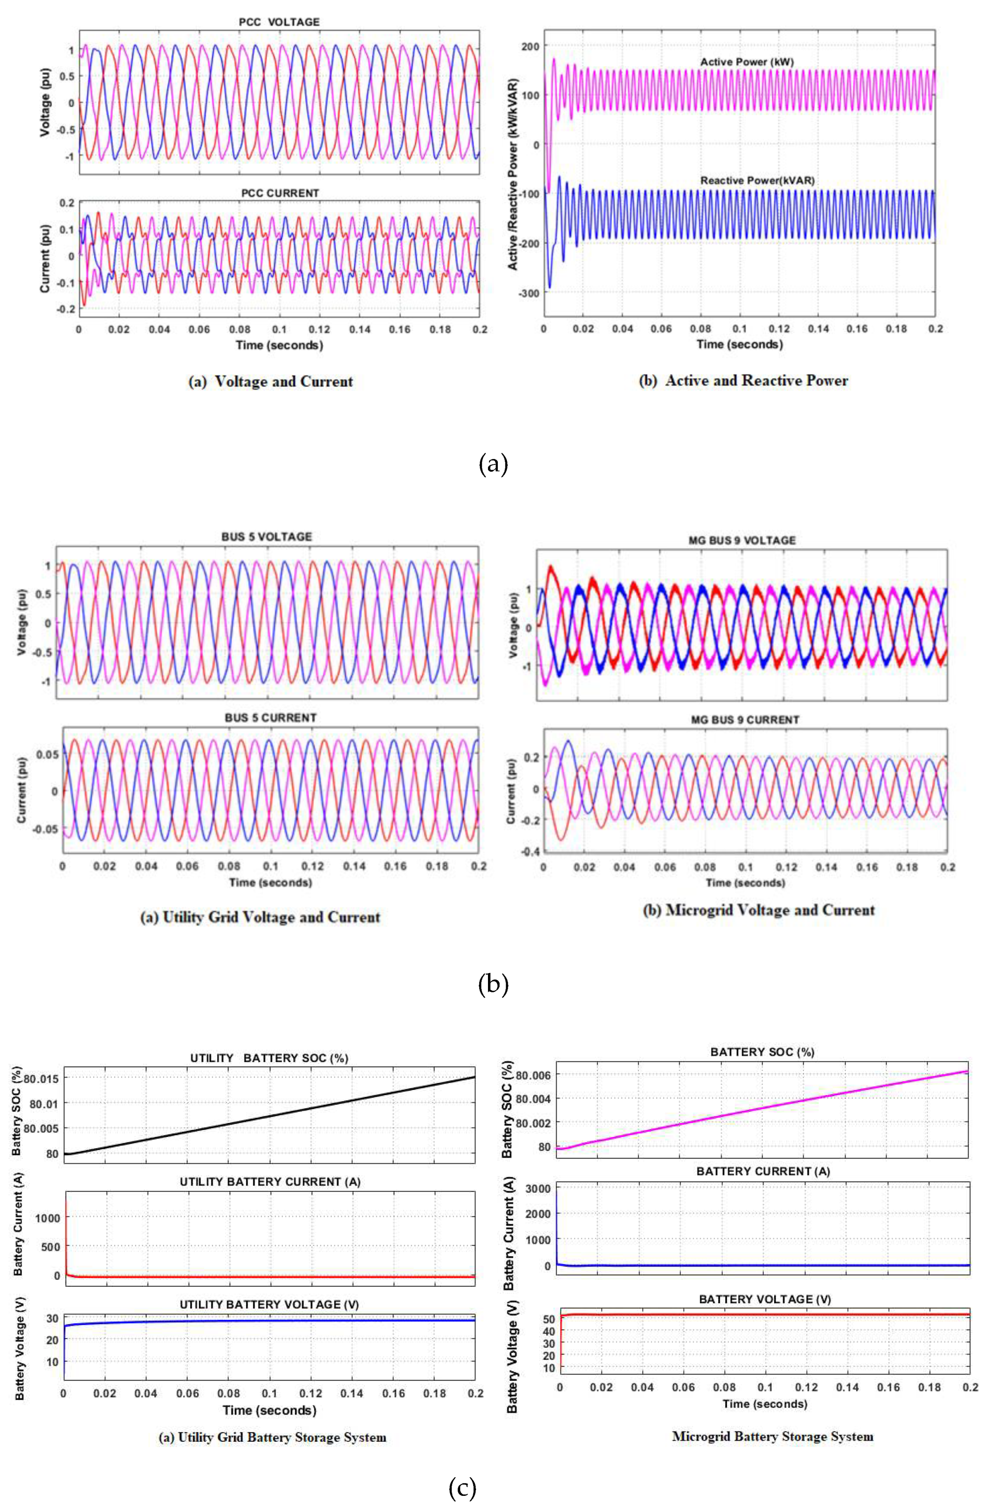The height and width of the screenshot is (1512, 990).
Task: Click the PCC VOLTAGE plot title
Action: point(279,22)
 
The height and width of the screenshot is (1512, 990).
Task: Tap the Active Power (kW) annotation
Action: point(746,62)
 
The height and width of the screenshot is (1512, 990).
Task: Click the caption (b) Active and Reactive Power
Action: point(743,380)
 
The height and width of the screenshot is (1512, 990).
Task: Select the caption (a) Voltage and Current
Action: point(271,382)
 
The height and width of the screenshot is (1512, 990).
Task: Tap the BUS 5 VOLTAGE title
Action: point(266,537)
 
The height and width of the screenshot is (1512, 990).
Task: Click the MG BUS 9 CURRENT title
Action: point(745,720)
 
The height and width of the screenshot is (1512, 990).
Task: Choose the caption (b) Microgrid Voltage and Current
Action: point(759,910)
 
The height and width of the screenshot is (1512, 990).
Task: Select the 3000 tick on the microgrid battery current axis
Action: point(538,1188)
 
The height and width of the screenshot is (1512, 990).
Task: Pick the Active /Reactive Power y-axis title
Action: point(513,175)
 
